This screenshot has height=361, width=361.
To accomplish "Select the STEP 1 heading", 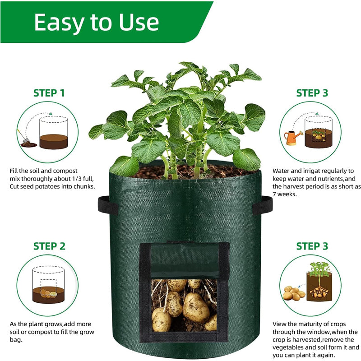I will point(49,93).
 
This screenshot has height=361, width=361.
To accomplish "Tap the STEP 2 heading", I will point(49,246).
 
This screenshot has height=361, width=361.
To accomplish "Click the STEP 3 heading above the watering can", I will point(312,93).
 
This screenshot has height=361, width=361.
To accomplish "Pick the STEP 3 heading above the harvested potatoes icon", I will point(312,246).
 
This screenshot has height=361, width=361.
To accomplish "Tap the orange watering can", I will point(292,137).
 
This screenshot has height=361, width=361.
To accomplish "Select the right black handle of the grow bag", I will point(262,205).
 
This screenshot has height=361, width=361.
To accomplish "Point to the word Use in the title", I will point(138,22).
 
